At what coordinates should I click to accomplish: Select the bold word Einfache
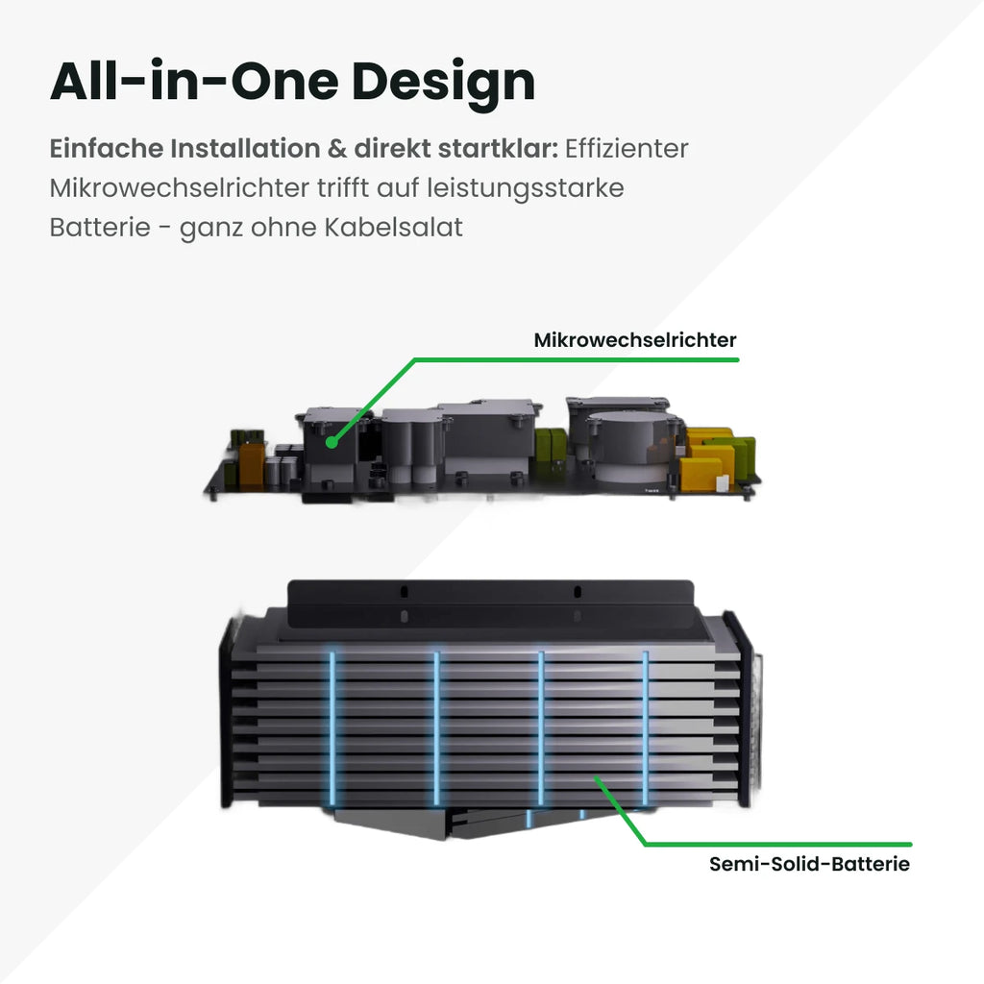tap(106, 149)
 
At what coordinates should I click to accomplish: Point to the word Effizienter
tap(627, 149)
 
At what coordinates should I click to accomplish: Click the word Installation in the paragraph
tap(245, 149)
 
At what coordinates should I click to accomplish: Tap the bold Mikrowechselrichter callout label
tap(635, 340)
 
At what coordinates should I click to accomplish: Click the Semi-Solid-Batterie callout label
tap(809, 864)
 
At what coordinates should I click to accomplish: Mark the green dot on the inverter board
tap(332, 442)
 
